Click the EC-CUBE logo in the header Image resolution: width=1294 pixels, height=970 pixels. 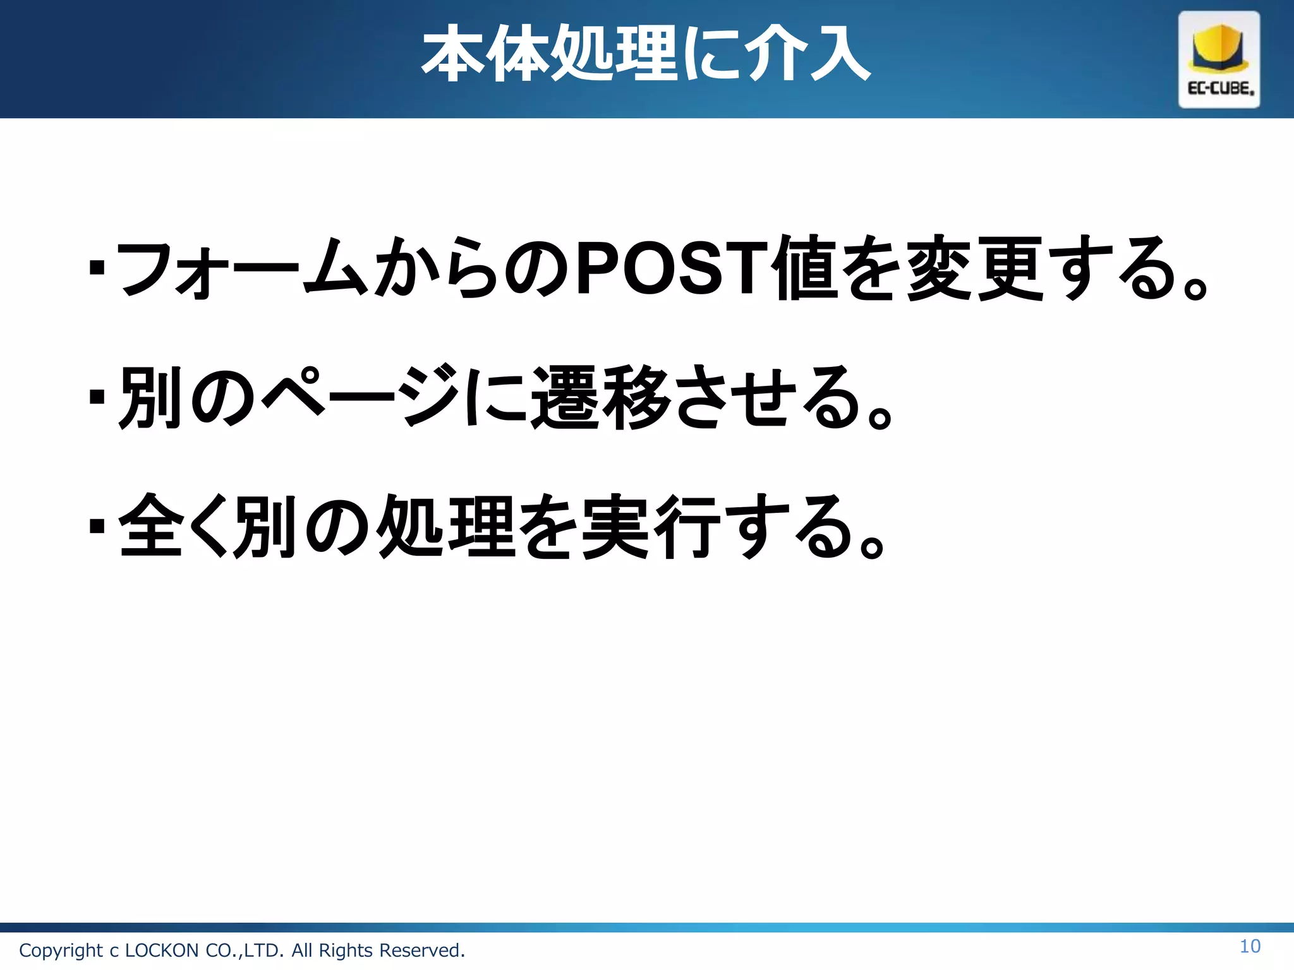[x=1219, y=59]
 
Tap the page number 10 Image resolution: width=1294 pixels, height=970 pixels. [x=1250, y=946]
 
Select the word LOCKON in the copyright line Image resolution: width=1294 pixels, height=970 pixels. [x=162, y=950]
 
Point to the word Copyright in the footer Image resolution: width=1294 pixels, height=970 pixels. [x=61, y=950]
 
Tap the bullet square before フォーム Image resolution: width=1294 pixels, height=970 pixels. [x=97, y=268]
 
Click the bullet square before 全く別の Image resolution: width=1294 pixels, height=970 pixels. [x=97, y=526]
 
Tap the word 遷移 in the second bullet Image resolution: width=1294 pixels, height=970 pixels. [x=600, y=398]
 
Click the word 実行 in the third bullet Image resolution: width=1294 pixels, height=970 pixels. [x=651, y=526]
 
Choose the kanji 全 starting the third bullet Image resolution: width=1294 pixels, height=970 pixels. [x=150, y=526]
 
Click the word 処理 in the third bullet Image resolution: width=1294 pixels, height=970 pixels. [x=445, y=526]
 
